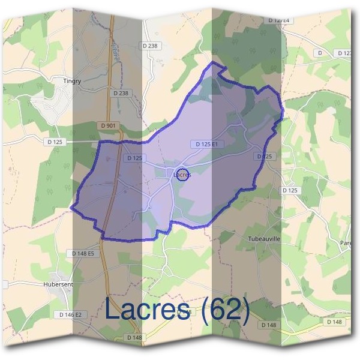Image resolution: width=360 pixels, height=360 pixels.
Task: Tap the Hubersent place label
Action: [x=58, y=284]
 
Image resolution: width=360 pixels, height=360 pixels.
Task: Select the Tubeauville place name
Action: [x=265, y=238]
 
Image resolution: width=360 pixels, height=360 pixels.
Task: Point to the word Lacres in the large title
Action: [x=149, y=310]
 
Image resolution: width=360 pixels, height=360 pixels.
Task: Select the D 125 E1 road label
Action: [x=206, y=144]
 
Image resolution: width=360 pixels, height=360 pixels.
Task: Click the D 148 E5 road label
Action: [x=83, y=254]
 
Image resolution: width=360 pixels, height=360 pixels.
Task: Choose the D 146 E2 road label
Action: [x=74, y=314]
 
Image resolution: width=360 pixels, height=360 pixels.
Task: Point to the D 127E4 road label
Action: [x=278, y=20]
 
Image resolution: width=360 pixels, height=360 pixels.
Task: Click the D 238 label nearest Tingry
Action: [x=121, y=93]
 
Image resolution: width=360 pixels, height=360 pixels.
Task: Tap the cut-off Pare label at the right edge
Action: [x=346, y=243]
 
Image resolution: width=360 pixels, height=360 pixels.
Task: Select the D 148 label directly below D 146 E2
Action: [x=134, y=337]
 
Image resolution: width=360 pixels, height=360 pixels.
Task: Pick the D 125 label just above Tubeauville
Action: [x=290, y=190]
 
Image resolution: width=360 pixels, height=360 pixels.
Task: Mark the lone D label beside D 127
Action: [x=320, y=53]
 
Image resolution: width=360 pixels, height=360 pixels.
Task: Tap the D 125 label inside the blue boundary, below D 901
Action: [x=135, y=158]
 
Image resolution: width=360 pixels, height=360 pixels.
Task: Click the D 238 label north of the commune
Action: [x=151, y=45]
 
